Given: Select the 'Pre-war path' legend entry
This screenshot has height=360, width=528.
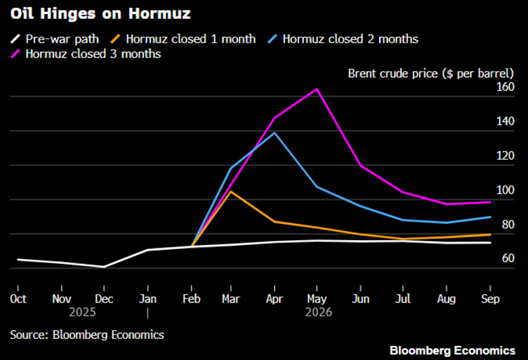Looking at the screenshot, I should (x=62, y=39).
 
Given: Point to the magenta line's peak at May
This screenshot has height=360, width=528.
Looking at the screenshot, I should (x=316, y=89).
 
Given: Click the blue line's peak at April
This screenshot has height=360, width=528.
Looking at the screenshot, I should (x=274, y=133).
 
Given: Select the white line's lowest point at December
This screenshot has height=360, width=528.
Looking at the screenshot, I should (x=104, y=267).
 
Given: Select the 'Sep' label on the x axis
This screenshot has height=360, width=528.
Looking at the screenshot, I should (x=489, y=298).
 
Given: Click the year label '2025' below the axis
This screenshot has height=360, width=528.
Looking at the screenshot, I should (x=83, y=313).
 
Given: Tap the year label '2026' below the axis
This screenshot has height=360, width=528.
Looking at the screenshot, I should (x=318, y=313).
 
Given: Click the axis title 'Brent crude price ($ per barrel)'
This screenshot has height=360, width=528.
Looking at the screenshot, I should (x=431, y=72).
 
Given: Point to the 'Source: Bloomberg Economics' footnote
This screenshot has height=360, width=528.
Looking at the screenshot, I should (x=87, y=334).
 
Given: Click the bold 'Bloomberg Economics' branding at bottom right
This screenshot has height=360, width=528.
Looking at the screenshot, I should (x=452, y=350).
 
